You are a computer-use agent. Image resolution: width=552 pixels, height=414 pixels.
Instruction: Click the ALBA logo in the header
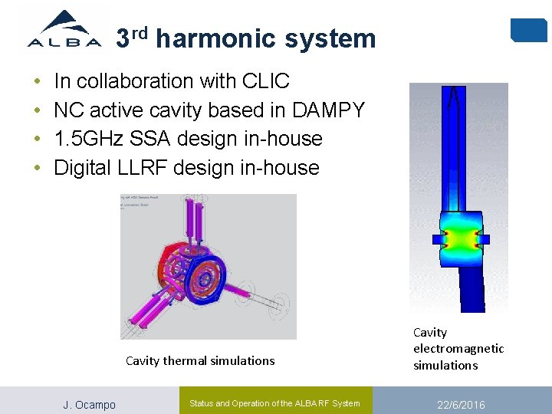(x=64, y=31)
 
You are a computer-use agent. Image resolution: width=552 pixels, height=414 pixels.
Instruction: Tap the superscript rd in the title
(x=139, y=32)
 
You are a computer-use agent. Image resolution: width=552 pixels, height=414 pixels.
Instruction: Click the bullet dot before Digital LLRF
(x=37, y=168)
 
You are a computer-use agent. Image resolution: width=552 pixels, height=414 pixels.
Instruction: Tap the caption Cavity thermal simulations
(x=199, y=360)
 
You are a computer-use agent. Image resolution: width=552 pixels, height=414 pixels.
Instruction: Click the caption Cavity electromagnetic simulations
(x=458, y=349)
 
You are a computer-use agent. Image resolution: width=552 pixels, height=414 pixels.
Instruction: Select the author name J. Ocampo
(x=89, y=405)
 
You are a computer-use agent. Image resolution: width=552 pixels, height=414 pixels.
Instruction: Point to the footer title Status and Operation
(x=274, y=403)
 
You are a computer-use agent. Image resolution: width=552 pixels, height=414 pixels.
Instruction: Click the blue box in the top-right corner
(x=528, y=30)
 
